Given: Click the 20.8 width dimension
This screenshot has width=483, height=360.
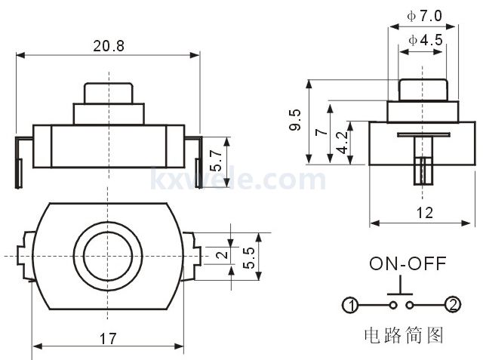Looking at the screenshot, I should [x=109, y=46].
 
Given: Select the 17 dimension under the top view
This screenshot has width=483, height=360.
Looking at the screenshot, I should [x=109, y=339].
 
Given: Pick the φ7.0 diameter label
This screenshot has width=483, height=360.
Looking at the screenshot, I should [x=423, y=15].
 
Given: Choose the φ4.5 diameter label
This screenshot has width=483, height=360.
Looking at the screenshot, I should [x=424, y=40].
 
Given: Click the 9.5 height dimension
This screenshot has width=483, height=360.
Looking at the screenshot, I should [x=294, y=121].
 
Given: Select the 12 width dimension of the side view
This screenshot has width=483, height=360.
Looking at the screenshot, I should [x=424, y=213].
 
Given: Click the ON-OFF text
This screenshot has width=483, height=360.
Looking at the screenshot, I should [x=408, y=263].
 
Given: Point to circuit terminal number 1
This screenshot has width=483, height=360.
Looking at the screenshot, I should [x=349, y=305].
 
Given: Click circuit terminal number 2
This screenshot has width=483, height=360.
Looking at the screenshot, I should [x=452, y=305].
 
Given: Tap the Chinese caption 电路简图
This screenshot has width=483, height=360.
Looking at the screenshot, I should [x=401, y=334].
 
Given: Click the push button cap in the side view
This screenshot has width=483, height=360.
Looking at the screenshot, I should [x=423, y=88].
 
